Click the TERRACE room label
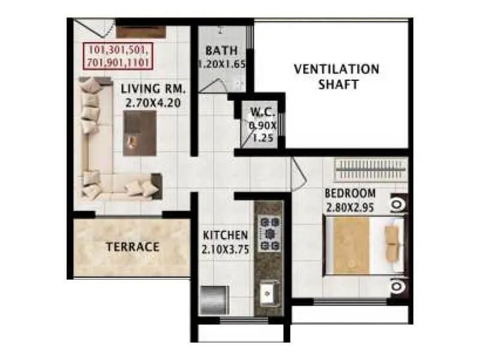click(133, 247)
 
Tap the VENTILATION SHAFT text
click(336, 76)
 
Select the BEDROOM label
click(350, 194)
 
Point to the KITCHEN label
click(225, 234)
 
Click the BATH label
click(221, 50)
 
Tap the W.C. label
click(263, 112)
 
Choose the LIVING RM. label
click(154, 89)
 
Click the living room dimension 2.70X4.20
click(154, 103)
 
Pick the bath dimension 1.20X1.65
click(222, 64)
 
